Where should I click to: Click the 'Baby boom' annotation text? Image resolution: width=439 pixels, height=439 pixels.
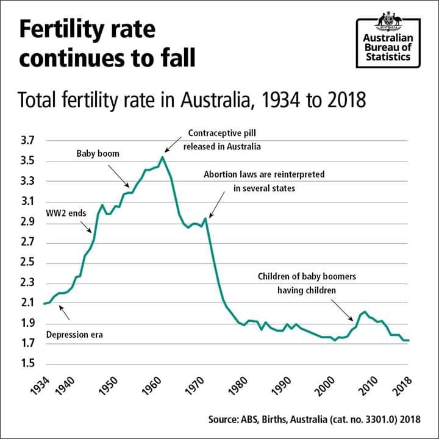point(98,154)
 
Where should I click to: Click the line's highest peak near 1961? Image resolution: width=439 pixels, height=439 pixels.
point(162,157)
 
